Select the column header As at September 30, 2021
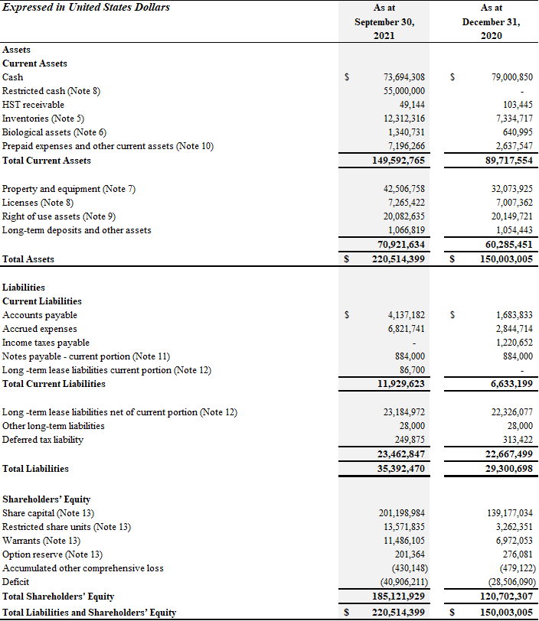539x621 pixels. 384,22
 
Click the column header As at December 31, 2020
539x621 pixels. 492,22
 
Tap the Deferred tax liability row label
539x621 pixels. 43,440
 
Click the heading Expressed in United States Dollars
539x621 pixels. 86,8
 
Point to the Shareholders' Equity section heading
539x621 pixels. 47,499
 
